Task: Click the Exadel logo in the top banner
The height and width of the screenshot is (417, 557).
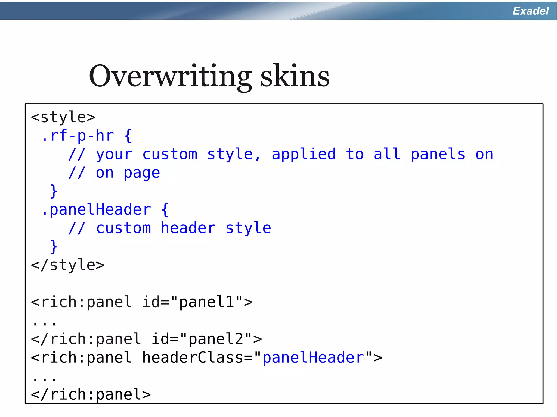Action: click(x=531, y=11)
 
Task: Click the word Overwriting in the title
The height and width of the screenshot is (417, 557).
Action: click(x=170, y=76)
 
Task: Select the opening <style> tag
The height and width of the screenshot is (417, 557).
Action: click(x=63, y=117)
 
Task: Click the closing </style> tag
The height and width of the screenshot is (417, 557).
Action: click(x=68, y=265)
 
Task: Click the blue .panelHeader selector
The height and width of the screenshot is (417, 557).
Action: click(x=96, y=209)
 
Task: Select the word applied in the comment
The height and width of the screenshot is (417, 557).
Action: click(x=304, y=154)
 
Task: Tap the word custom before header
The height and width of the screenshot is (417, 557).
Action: click(x=123, y=228)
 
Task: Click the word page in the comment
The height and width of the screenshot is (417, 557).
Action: click(x=142, y=173)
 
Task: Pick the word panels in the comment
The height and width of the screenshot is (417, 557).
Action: click(x=438, y=154)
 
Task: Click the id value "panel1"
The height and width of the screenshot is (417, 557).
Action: click(x=207, y=302)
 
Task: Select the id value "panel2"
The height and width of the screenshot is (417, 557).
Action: click(x=216, y=339)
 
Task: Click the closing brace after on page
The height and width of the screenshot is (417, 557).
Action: click(x=54, y=192)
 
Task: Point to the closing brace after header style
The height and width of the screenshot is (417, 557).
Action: click(x=54, y=247)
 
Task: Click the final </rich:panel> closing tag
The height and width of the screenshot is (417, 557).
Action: click(x=91, y=394)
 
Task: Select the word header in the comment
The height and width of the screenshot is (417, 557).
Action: click(x=188, y=228)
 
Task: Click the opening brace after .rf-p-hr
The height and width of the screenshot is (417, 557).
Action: click(x=128, y=136)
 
